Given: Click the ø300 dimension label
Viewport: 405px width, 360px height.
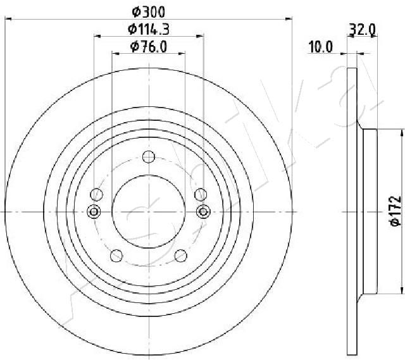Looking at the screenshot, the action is point(149,12).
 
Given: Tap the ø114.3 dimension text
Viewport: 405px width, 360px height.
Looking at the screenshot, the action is point(149,29).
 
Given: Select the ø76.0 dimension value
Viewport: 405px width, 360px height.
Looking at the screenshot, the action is point(149,47).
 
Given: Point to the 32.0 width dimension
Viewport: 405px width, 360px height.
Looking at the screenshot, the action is point(362,29).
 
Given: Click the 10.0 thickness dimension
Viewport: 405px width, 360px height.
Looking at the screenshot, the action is point(321,47).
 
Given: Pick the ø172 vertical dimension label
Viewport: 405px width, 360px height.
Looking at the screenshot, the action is point(396,211).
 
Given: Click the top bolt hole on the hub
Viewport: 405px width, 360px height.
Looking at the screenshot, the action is point(149,157).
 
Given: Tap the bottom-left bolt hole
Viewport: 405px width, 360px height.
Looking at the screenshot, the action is point(116,256).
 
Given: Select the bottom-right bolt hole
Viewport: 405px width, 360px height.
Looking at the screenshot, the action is point(181,256).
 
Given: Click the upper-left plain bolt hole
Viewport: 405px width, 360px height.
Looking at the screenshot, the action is point(97,194).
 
